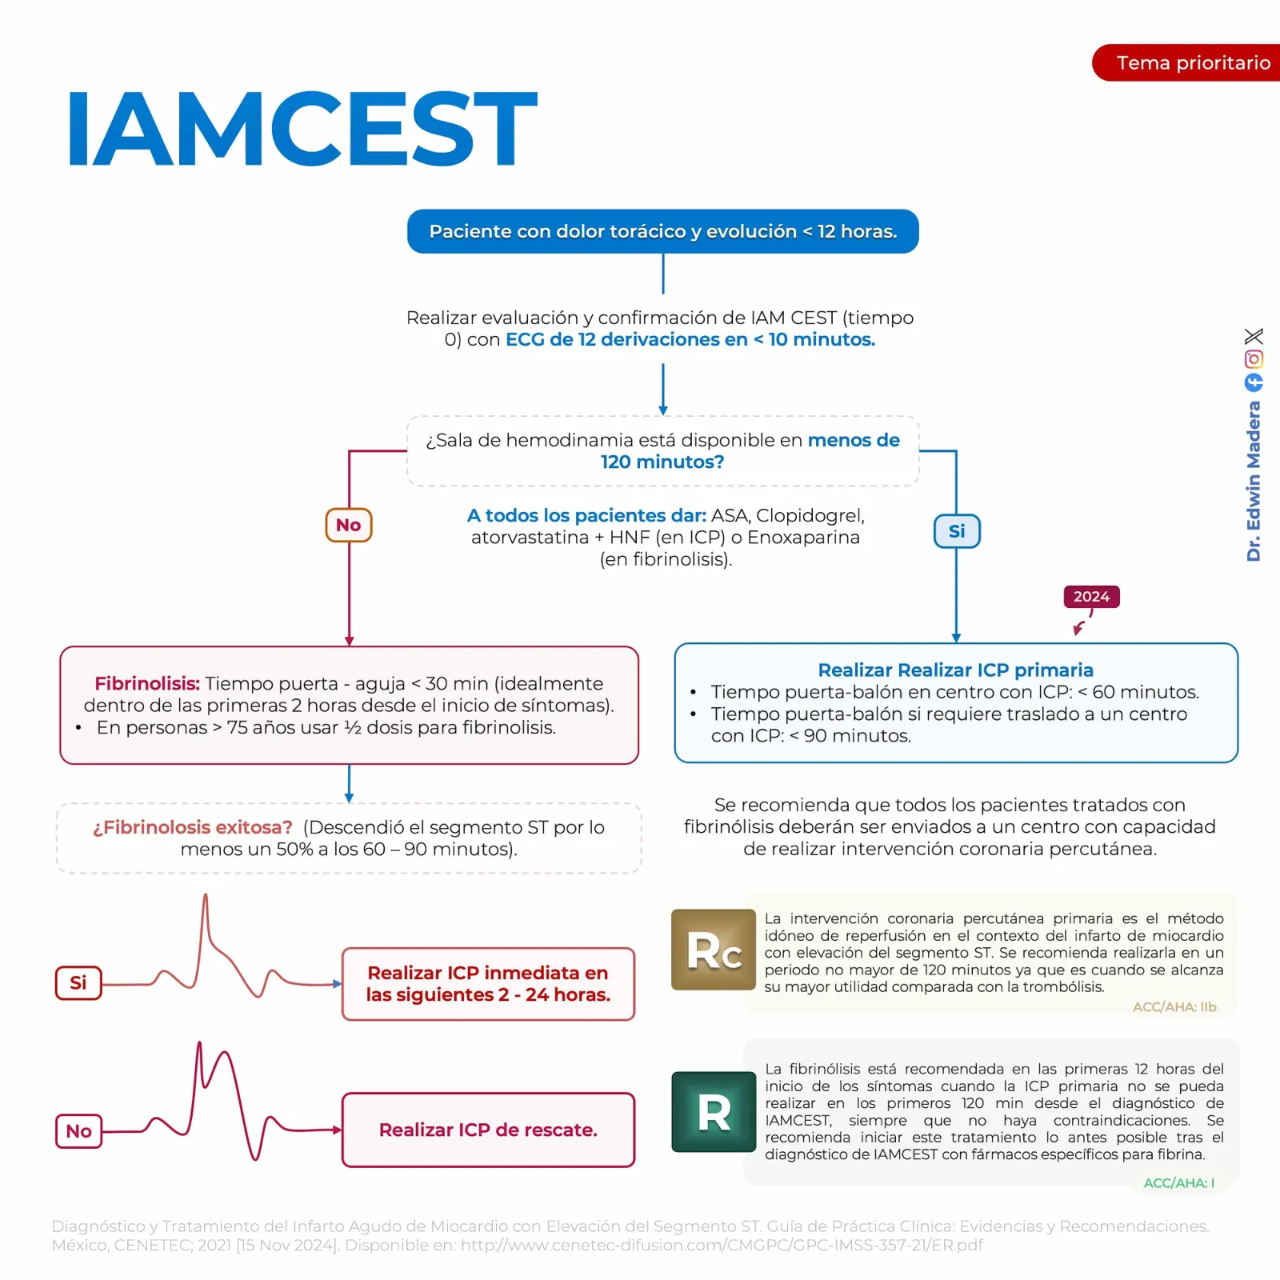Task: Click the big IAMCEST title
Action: point(302,128)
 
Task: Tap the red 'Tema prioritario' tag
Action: point(1186,62)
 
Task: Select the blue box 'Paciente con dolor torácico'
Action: point(662,231)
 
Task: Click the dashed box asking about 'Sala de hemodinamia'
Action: point(662,451)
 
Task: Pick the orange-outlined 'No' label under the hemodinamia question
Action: point(349,526)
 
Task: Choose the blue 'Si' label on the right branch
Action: point(957,531)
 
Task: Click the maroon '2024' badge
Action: point(1091,597)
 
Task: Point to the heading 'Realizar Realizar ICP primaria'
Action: point(955,670)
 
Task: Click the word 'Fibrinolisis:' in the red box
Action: point(147,683)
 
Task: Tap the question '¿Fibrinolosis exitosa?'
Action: point(193,827)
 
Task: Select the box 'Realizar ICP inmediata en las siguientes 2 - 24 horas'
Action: point(488,984)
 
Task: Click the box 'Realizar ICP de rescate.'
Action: point(488,1130)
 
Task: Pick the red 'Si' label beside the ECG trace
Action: point(78,983)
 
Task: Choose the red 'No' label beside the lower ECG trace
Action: point(78,1131)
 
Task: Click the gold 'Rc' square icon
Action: point(714,950)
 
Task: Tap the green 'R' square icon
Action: point(714,1112)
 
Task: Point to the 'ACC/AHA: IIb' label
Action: point(1174,1007)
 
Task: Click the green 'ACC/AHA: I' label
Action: point(1179,1183)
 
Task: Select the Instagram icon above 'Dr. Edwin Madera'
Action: point(1254,359)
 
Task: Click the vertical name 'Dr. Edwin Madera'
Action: point(1254,481)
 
